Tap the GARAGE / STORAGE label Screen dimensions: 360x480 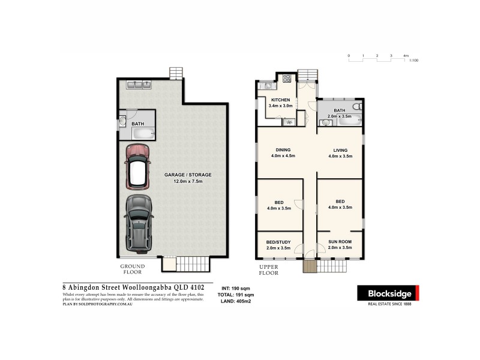pyautogui.click(x=188, y=178)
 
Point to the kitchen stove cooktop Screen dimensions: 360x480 pyautogui.click(x=286, y=77)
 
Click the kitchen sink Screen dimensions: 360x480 pyautogui.click(x=265, y=86)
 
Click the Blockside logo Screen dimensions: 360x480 pyautogui.click(x=388, y=293)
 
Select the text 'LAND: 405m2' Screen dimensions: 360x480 pyautogui.click(x=236, y=302)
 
